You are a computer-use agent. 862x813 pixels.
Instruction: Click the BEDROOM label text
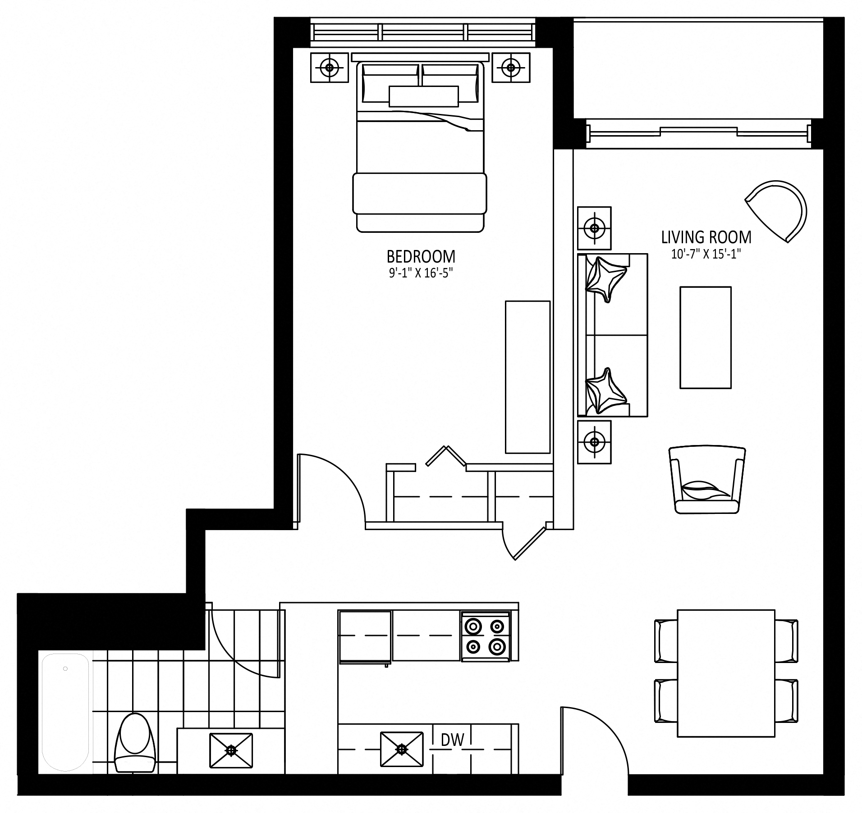[421, 257]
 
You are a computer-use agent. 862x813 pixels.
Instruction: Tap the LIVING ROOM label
[706, 237]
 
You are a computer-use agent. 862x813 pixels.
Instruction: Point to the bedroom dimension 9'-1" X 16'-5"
[421, 273]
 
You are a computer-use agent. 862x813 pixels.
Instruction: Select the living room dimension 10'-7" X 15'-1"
[706, 254]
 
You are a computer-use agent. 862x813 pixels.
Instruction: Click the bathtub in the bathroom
[65, 713]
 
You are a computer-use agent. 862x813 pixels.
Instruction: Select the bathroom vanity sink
[231, 750]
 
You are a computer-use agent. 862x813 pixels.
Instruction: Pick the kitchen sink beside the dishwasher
[402, 749]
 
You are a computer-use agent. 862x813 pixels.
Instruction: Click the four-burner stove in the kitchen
[485, 637]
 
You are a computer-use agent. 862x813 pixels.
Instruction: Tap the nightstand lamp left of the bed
[330, 68]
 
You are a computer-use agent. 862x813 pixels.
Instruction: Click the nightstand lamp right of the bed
[510, 68]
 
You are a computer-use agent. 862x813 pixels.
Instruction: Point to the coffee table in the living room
[705, 337]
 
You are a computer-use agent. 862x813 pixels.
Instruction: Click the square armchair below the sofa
[707, 479]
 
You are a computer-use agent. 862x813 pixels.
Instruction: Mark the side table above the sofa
[595, 228]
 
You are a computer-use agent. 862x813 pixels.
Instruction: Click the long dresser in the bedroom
[527, 377]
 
